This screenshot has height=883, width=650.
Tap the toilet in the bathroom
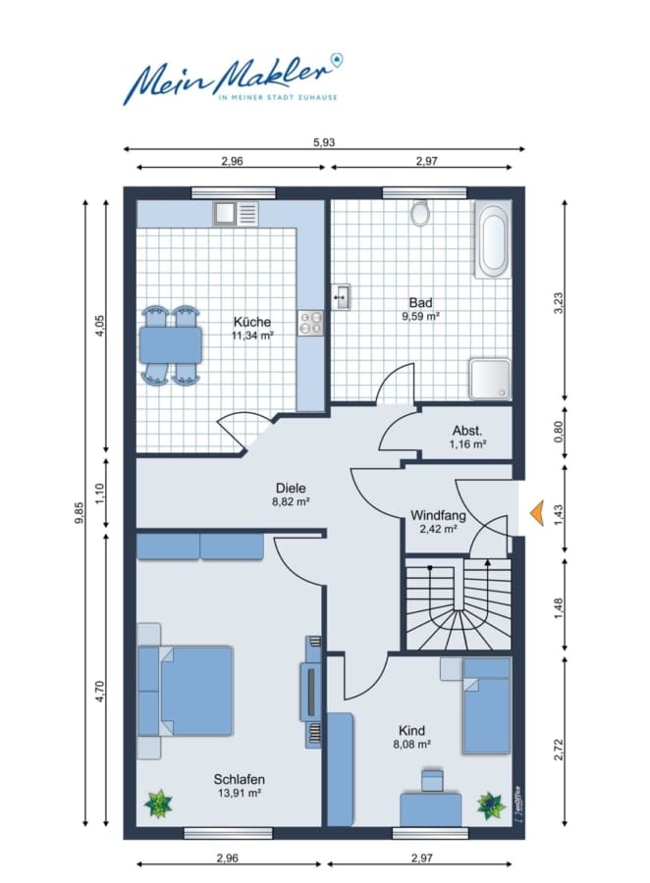click(x=420, y=214)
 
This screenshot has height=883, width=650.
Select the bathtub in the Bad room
click(x=493, y=240)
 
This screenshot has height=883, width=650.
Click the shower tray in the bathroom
click(x=490, y=379)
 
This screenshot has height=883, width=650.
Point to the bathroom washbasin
click(x=341, y=296)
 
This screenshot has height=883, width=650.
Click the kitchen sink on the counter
click(x=236, y=214)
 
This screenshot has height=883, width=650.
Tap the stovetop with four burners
click(x=310, y=323)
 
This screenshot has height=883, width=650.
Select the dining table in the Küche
click(x=170, y=344)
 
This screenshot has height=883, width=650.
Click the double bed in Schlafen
click(x=186, y=691)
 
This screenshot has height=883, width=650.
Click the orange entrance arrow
click(x=537, y=513)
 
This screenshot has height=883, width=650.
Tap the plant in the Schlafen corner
click(x=158, y=803)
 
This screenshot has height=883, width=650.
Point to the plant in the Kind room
click(x=491, y=805)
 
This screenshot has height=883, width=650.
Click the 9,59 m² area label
click(x=420, y=317)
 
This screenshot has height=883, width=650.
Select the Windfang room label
click(x=438, y=515)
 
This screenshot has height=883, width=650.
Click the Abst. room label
click(x=467, y=431)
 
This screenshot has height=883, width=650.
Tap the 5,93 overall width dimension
click(x=324, y=142)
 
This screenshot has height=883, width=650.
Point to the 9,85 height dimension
click(x=80, y=512)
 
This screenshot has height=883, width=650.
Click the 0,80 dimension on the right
click(x=559, y=432)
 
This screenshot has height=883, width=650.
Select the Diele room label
click(x=291, y=489)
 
